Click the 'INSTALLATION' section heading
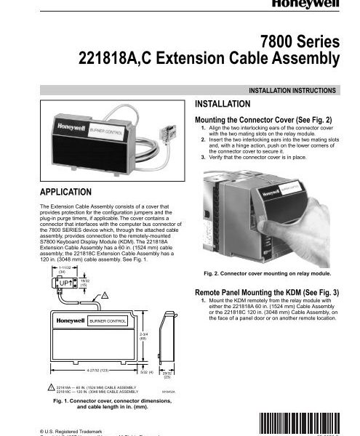point(227,104)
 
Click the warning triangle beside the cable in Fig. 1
point(105,293)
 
